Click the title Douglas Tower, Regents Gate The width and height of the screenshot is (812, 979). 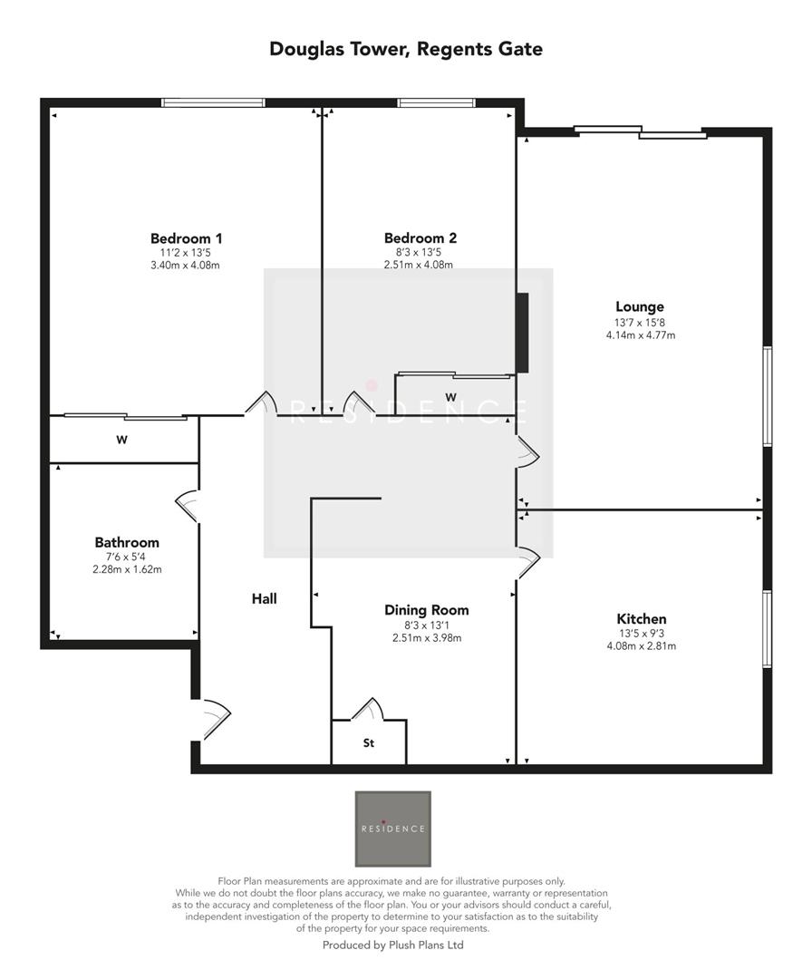(406, 49)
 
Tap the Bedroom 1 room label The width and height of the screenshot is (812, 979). (187, 238)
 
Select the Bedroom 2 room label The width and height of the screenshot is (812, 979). (420, 238)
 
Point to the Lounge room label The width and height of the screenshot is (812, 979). (640, 307)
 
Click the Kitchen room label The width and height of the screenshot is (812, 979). (642, 619)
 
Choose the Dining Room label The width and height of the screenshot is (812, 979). (427, 610)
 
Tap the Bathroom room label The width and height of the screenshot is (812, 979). (127, 542)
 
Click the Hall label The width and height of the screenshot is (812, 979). (265, 598)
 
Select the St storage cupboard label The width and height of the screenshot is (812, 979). (369, 743)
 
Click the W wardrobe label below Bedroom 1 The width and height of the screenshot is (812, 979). (121, 441)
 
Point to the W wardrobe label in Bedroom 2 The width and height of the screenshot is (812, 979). (450, 397)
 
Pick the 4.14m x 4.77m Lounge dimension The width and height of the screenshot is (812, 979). (640, 335)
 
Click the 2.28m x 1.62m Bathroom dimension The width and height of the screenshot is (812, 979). (127, 569)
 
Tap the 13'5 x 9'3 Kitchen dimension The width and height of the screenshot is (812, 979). (642, 634)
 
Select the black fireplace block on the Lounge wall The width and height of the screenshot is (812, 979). (522, 332)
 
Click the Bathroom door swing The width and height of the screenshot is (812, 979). (188, 505)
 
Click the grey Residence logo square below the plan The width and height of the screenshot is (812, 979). (392, 829)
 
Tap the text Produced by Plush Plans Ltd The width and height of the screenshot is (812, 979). (393, 945)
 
